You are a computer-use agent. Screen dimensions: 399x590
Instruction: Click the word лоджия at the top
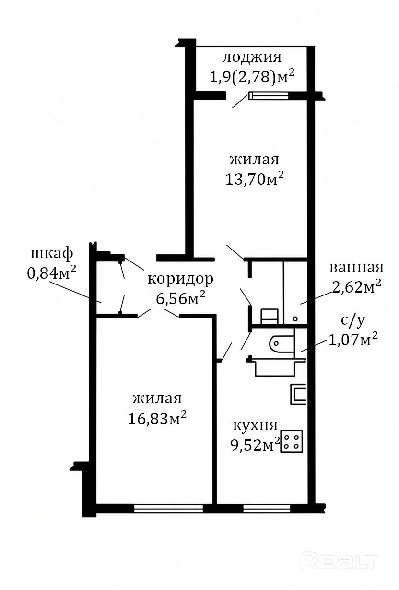252,57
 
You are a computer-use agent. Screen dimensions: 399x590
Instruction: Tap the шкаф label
52,254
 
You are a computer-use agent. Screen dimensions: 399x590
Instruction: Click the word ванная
356,268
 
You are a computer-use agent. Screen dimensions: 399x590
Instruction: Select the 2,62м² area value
356,287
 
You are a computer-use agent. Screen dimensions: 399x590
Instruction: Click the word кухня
255,425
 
